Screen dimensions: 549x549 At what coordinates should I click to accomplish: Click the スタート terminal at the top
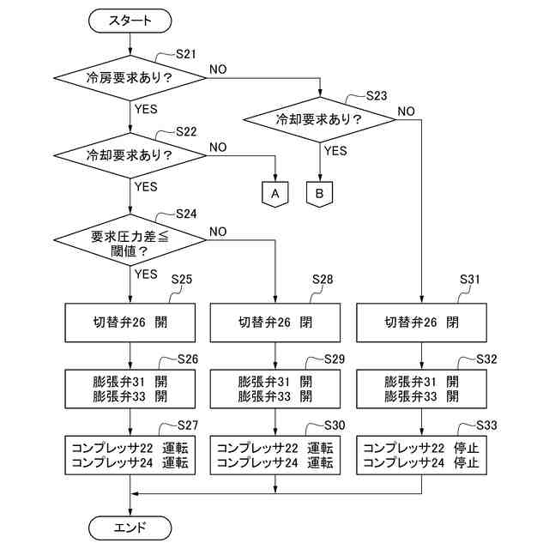point(130,21)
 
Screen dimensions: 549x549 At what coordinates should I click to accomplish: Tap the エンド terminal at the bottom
point(130,528)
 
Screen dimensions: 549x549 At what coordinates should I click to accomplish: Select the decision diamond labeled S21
point(130,78)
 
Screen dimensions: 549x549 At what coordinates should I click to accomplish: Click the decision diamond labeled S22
point(130,155)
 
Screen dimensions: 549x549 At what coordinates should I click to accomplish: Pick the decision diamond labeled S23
point(320,120)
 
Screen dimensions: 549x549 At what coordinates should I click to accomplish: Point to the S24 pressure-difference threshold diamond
point(130,240)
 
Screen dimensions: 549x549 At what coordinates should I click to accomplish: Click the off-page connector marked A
point(275,194)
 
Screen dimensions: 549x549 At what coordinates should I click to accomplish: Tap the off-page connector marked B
point(320,194)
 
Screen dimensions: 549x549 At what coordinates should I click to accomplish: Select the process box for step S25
point(130,323)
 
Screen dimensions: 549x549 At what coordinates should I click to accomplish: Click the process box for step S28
point(275,323)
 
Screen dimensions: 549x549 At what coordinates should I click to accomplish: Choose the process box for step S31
point(421,323)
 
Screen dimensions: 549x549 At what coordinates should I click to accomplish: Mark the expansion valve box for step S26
point(130,389)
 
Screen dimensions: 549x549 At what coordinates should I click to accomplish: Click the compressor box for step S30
point(275,455)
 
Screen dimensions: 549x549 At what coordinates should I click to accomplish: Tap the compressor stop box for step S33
point(421,455)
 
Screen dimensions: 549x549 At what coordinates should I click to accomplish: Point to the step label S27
point(188,425)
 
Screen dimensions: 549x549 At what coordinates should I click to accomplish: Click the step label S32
point(486,359)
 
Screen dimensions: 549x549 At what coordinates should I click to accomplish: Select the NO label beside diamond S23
point(406,112)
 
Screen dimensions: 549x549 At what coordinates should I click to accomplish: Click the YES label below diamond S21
point(146,109)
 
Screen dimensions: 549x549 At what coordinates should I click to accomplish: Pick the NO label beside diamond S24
point(218,232)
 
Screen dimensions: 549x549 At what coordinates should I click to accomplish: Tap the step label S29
point(335,359)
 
